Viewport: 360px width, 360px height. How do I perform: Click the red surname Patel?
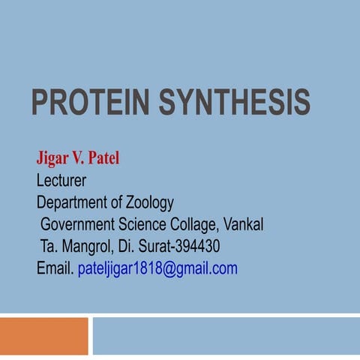(104, 159)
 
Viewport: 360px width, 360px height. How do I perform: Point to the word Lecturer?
(61, 181)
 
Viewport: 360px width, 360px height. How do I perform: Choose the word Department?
(75, 202)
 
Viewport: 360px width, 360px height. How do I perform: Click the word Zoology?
(150, 202)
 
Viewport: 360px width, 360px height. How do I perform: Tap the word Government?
(78, 224)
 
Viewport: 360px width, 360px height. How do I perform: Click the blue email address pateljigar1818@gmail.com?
(157, 268)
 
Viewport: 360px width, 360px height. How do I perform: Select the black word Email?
(55, 268)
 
